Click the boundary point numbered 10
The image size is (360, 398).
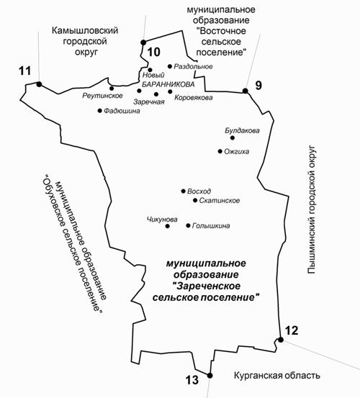point(143,42)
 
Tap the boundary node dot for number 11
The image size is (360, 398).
point(39,84)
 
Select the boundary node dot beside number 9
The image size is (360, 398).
point(246,91)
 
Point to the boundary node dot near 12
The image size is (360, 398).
point(281,340)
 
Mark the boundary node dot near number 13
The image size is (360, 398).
point(210,376)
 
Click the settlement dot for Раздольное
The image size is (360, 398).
point(170,66)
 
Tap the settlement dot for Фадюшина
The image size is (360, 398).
point(100,111)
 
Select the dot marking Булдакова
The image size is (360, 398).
point(233,138)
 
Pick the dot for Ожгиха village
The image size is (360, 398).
point(220,151)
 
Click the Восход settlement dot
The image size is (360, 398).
point(184,191)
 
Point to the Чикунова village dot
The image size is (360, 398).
point(167,226)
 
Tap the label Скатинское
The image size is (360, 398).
point(220,201)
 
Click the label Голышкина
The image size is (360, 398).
point(211,226)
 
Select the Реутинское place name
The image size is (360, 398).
point(102,96)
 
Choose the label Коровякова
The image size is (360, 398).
point(194,97)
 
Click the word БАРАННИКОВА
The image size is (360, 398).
point(168,84)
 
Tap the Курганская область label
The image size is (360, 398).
point(277,376)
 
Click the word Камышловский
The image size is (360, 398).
point(85,30)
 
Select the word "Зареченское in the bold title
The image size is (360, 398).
point(206,286)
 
